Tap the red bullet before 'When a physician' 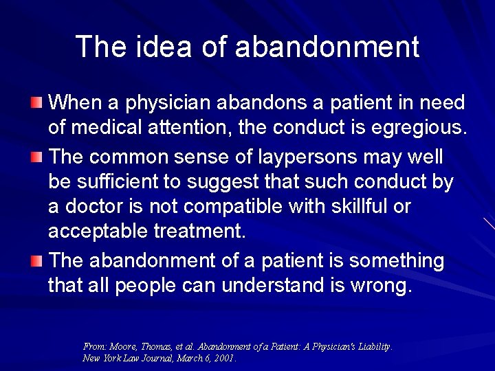point(36,103)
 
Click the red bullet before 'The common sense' point(36,157)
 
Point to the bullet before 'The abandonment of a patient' point(36,261)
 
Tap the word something point(397,261)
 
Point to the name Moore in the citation point(122,347)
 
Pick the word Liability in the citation point(371,347)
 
